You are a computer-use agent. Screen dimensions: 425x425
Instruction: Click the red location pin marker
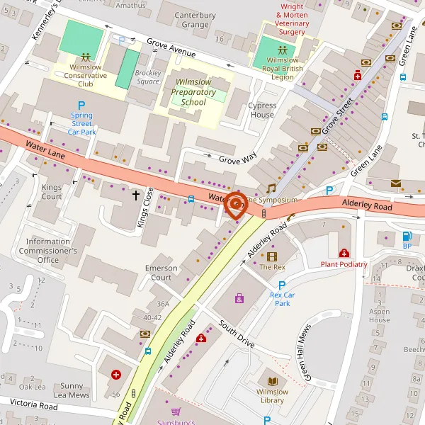235,204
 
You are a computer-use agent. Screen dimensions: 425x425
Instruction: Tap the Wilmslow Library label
272,396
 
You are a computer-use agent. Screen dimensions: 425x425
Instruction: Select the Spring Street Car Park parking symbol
81,106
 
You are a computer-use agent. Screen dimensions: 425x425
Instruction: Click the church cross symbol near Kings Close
136,193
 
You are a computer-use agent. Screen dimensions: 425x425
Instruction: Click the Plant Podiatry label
344,264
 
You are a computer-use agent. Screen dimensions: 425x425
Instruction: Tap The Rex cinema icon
272,256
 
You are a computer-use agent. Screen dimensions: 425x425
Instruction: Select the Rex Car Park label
282,299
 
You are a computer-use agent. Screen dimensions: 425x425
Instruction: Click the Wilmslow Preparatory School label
193,92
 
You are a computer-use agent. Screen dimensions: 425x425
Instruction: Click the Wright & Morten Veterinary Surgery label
293,20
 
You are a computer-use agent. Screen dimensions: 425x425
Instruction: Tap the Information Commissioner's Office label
48,251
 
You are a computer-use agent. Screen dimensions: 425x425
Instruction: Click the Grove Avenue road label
171,47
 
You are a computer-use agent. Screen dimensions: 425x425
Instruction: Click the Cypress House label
262,110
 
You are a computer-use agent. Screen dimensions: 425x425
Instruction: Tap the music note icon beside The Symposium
271,188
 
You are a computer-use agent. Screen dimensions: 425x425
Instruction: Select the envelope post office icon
395,184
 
